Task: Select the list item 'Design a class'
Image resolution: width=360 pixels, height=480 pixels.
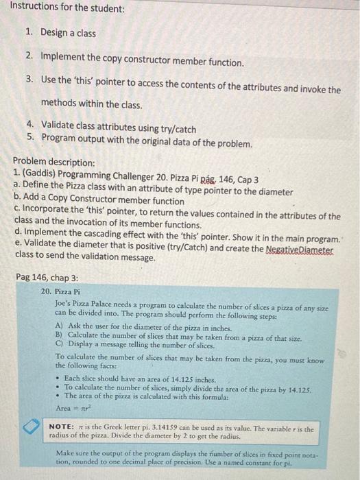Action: point(68,33)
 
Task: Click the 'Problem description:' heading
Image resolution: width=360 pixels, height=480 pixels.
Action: point(54,163)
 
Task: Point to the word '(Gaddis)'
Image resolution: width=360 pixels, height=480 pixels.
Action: point(41,173)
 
